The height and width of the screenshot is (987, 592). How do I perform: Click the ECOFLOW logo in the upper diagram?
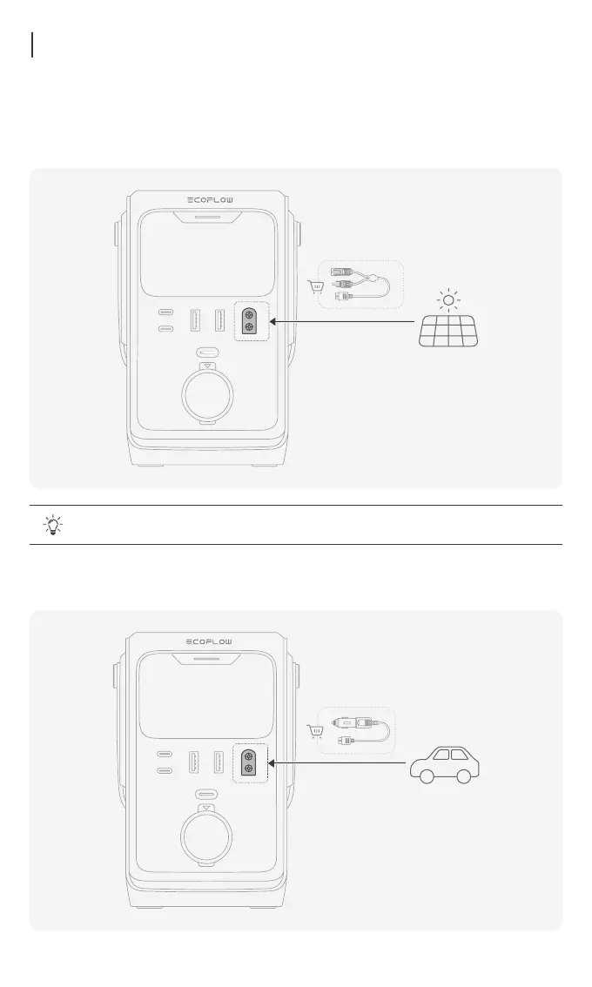coord(210,200)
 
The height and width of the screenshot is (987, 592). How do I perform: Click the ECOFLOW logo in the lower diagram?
coord(210,642)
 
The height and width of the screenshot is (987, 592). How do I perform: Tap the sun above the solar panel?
coord(447,301)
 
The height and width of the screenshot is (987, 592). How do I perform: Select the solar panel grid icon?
coord(447,332)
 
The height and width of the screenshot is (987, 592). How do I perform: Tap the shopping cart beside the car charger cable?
coord(315,731)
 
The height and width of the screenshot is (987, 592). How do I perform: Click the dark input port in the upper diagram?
coord(250,320)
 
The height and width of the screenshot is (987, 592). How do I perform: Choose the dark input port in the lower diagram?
coord(250,762)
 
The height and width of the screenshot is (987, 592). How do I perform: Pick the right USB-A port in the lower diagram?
coord(219,762)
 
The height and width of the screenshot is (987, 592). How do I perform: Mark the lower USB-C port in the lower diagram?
coord(164,771)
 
